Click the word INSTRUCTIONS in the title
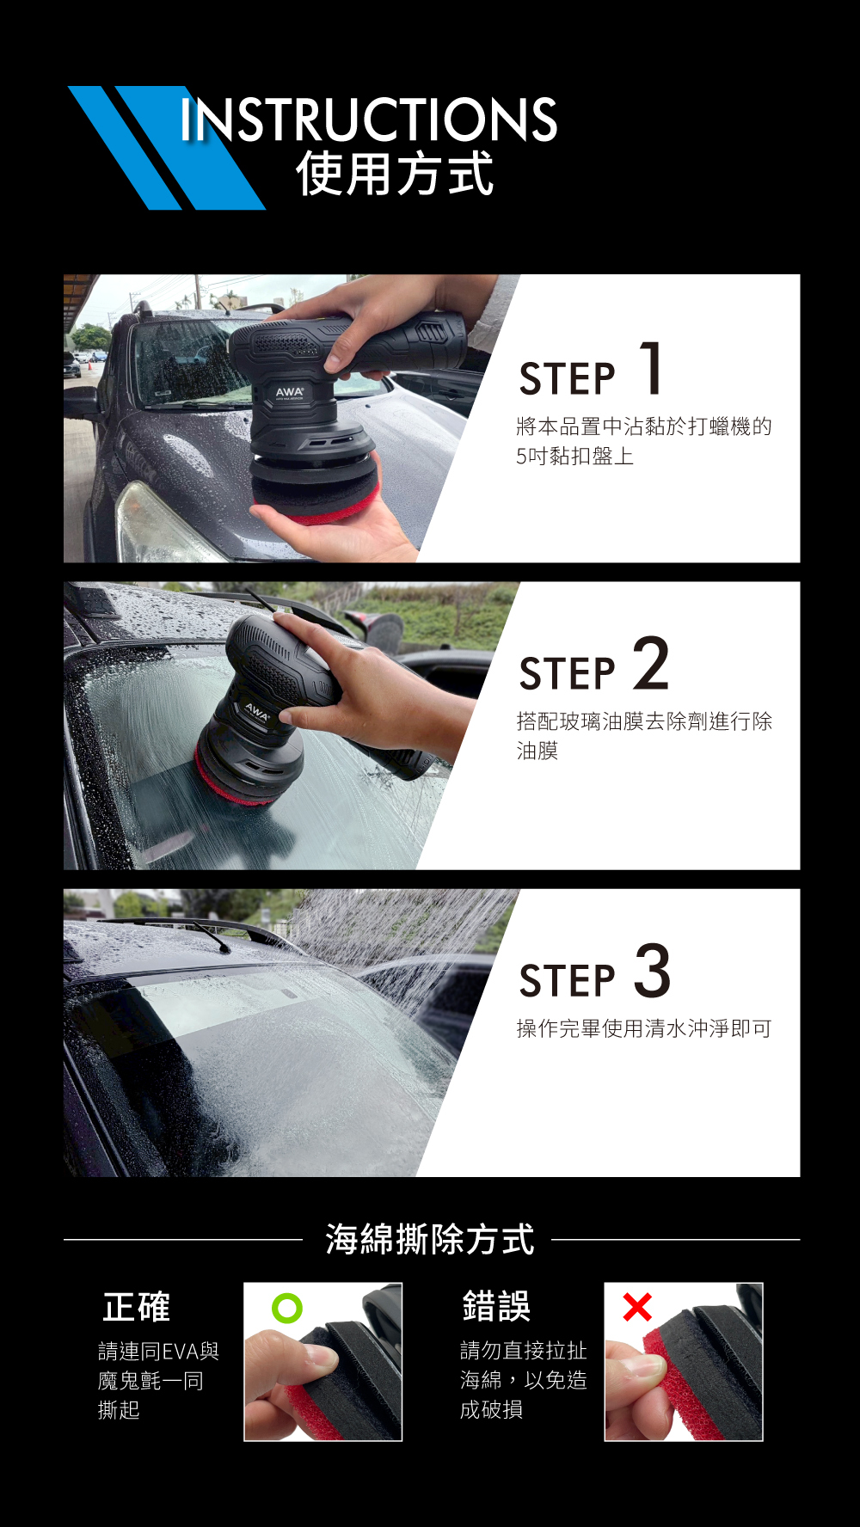tap(369, 119)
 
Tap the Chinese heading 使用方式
tap(395, 174)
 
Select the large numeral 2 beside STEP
tap(651, 663)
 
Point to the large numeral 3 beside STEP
tap(653, 971)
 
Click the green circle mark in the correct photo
tap(286, 1308)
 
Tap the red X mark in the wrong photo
tap(637, 1307)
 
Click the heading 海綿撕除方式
tap(429, 1239)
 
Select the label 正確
tap(136, 1307)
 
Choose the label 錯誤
tap(496, 1306)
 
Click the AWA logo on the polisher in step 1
tap(289, 392)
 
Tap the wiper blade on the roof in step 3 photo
tap(211, 935)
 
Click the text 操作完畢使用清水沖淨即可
tap(643, 1028)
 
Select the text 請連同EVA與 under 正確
tap(159, 1352)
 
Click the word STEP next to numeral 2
tap(568, 673)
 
